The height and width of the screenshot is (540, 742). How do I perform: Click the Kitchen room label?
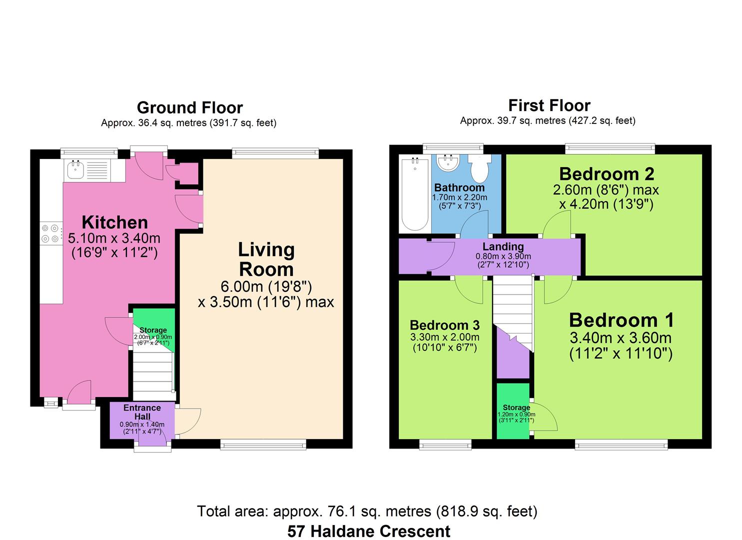tap(114, 222)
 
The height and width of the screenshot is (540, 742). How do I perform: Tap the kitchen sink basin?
tap(75, 169)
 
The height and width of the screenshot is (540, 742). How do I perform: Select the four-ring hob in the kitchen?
tap(51, 233)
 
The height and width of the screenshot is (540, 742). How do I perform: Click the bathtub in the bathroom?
tap(415, 194)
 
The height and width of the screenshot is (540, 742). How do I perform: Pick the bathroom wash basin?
tap(448, 162)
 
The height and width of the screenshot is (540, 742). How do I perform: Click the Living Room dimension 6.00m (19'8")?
tap(266, 286)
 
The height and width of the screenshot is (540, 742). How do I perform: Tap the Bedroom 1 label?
tap(622, 320)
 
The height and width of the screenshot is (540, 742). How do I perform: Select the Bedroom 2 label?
tap(607, 174)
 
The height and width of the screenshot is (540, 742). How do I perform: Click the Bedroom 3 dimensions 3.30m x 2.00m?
tap(445, 337)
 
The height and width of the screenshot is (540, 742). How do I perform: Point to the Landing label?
tap(503, 246)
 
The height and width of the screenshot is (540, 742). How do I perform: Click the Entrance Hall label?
tap(142, 412)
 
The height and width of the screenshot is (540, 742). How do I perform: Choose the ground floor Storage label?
tap(153, 330)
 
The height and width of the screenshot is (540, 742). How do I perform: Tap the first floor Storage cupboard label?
tap(517, 407)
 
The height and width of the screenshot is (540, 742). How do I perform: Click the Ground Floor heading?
tap(190, 107)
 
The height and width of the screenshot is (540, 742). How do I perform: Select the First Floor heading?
tap(549, 105)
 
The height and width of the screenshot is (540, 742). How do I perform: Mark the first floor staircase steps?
tap(513, 305)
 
